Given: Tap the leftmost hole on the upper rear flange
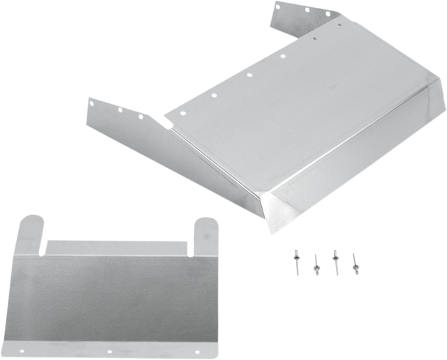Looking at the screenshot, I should (x=275, y=8).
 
